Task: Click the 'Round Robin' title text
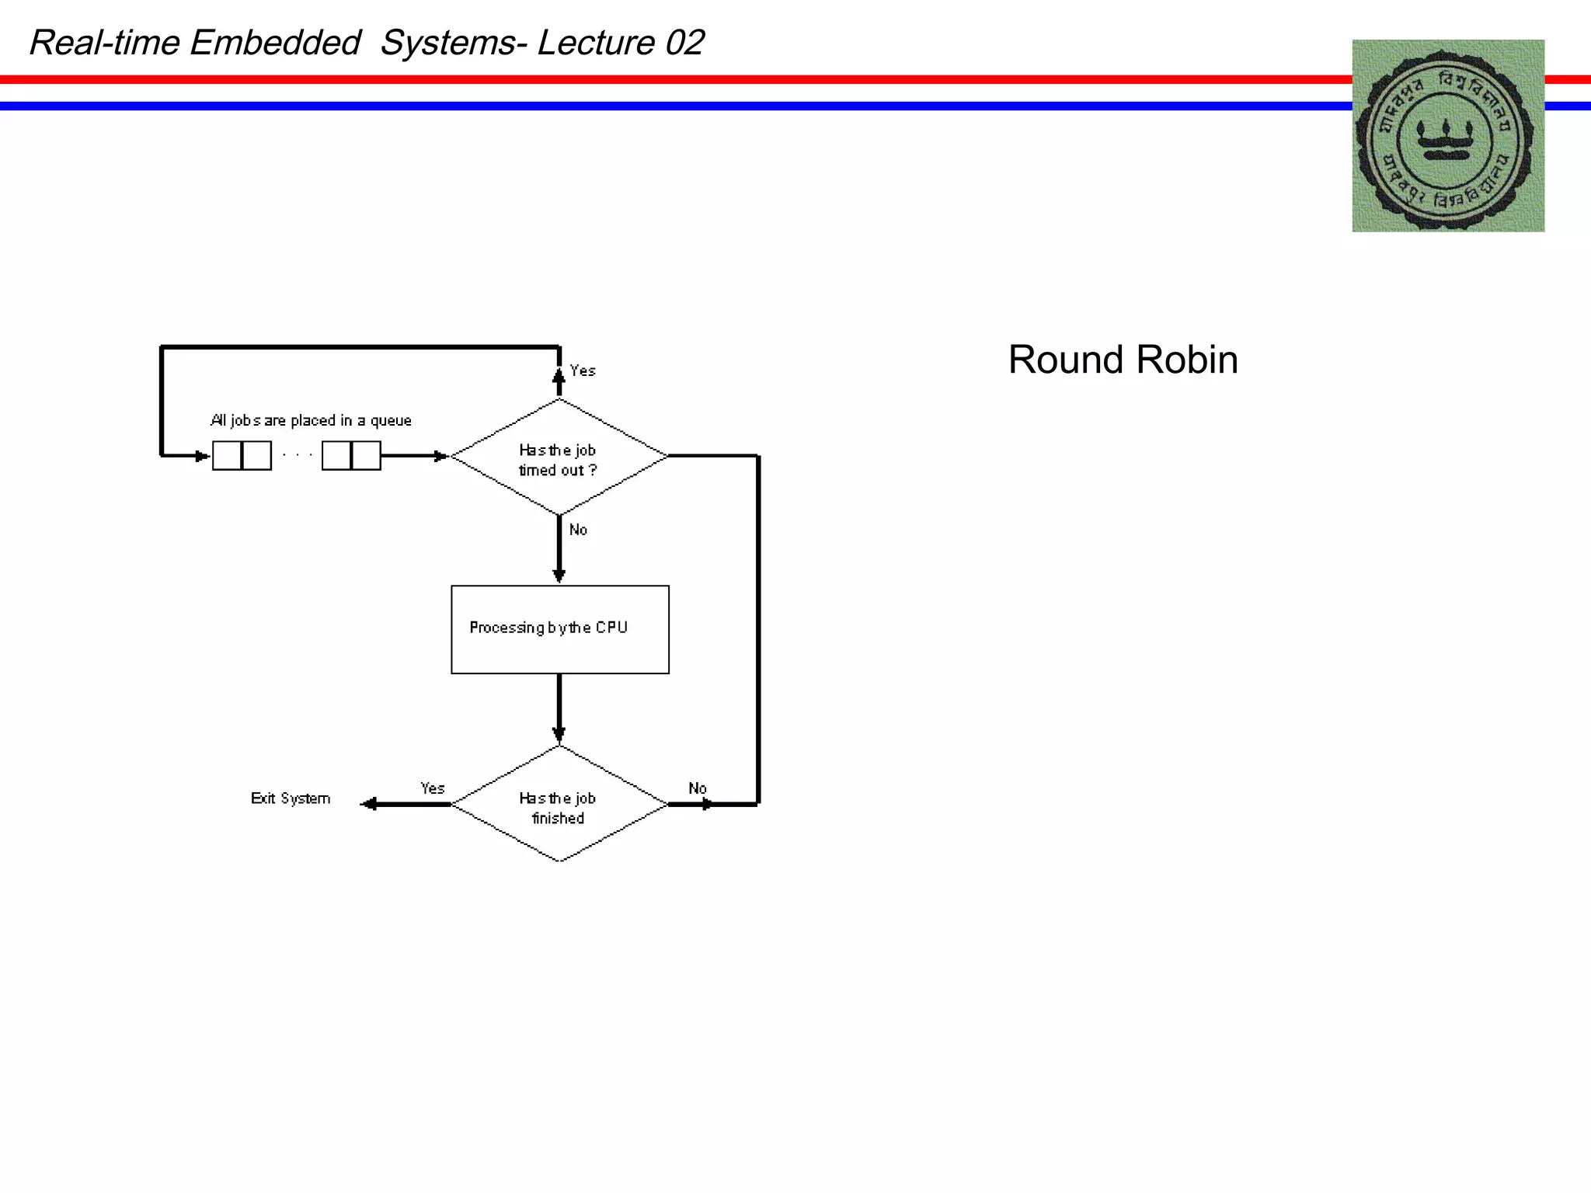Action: [x=1123, y=360]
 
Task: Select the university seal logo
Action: [x=1447, y=136]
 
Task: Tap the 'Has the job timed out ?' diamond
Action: [x=559, y=459]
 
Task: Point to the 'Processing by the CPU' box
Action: [x=559, y=629]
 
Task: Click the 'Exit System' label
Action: [x=291, y=798]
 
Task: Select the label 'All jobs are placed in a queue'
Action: [x=311, y=420]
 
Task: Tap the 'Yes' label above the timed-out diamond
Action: [x=583, y=370]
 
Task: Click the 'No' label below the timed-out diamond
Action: [x=578, y=530]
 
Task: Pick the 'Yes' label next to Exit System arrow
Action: [x=433, y=788]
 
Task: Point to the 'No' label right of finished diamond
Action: [x=698, y=788]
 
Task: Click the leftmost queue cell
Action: [x=227, y=456]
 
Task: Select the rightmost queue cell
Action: [x=367, y=456]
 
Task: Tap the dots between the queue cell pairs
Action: [x=297, y=454]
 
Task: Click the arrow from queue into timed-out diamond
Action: [x=415, y=456]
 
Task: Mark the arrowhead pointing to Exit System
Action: [x=369, y=804]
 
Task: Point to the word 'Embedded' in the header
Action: [x=275, y=43]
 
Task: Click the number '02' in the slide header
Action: [x=684, y=43]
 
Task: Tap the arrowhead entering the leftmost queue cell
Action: [x=202, y=456]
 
